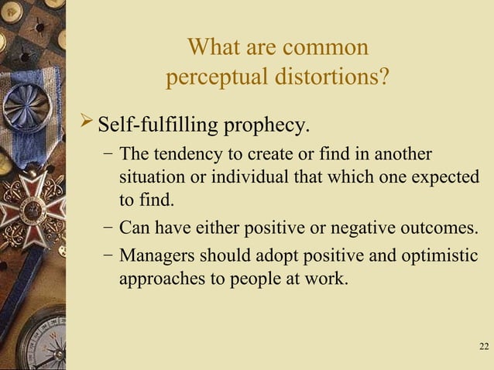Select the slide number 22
[x=484, y=345]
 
